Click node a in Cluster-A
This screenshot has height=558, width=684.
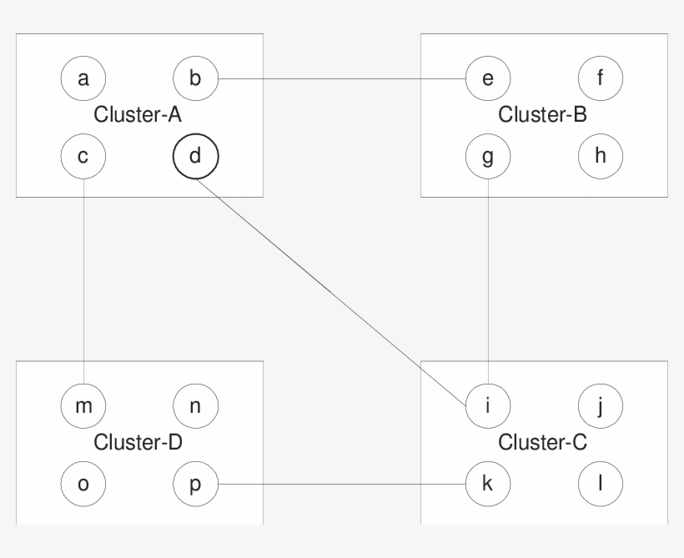click(x=83, y=79)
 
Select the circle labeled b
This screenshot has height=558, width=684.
click(x=194, y=79)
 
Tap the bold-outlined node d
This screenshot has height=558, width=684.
click(x=194, y=155)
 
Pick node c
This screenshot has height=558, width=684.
click(x=83, y=155)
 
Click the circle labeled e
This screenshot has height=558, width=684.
click(x=488, y=79)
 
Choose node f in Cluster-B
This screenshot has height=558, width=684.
click(x=600, y=79)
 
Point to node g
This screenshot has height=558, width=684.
click(x=488, y=155)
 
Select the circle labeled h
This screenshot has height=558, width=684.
click(x=600, y=155)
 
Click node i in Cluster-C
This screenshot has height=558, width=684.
click(x=488, y=407)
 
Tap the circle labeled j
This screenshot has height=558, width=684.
click(x=600, y=407)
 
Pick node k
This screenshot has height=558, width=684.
click(x=488, y=484)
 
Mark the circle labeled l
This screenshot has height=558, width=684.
click(x=600, y=484)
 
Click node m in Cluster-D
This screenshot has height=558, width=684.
click(x=83, y=407)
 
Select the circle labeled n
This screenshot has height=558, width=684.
click(x=194, y=407)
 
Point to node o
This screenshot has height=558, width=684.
click(x=83, y=484)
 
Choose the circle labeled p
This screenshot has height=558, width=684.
click(x=194, y=484)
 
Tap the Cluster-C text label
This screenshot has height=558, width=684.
click(x=542, y=443)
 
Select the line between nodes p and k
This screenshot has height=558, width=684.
click(x=342, y=484)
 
